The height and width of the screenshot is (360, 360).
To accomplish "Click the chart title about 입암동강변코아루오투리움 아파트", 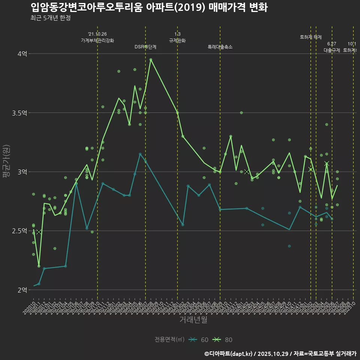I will [149, 7].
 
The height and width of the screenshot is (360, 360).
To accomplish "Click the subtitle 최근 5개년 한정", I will [50, 18].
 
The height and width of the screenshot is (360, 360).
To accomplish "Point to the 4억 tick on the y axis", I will [22, 54].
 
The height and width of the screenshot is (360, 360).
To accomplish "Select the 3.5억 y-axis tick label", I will [20, 113].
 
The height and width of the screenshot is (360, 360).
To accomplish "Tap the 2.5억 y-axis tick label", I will [20, 231].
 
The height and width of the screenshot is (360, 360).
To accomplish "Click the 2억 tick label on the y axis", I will [22, 290].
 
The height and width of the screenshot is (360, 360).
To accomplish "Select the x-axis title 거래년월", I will [193, 320].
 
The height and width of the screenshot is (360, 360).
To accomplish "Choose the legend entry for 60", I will [199, 340].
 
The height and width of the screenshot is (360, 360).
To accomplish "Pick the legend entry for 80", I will [223, 340].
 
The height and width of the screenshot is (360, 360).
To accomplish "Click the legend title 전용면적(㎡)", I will [169, 340].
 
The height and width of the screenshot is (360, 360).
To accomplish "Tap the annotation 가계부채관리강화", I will [97, 40].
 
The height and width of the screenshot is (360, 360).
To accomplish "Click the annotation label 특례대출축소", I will [220, 47].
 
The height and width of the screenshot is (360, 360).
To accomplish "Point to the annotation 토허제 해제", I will [311, 37].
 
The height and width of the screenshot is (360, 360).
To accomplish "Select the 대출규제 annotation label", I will [332, 50].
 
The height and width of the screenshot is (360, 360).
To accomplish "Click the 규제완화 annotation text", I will [177, 40].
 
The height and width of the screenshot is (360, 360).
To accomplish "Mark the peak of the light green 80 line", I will [151, 59].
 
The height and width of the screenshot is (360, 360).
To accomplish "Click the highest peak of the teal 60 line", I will [140, 154].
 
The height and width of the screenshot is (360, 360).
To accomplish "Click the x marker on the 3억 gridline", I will [246, 172].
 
